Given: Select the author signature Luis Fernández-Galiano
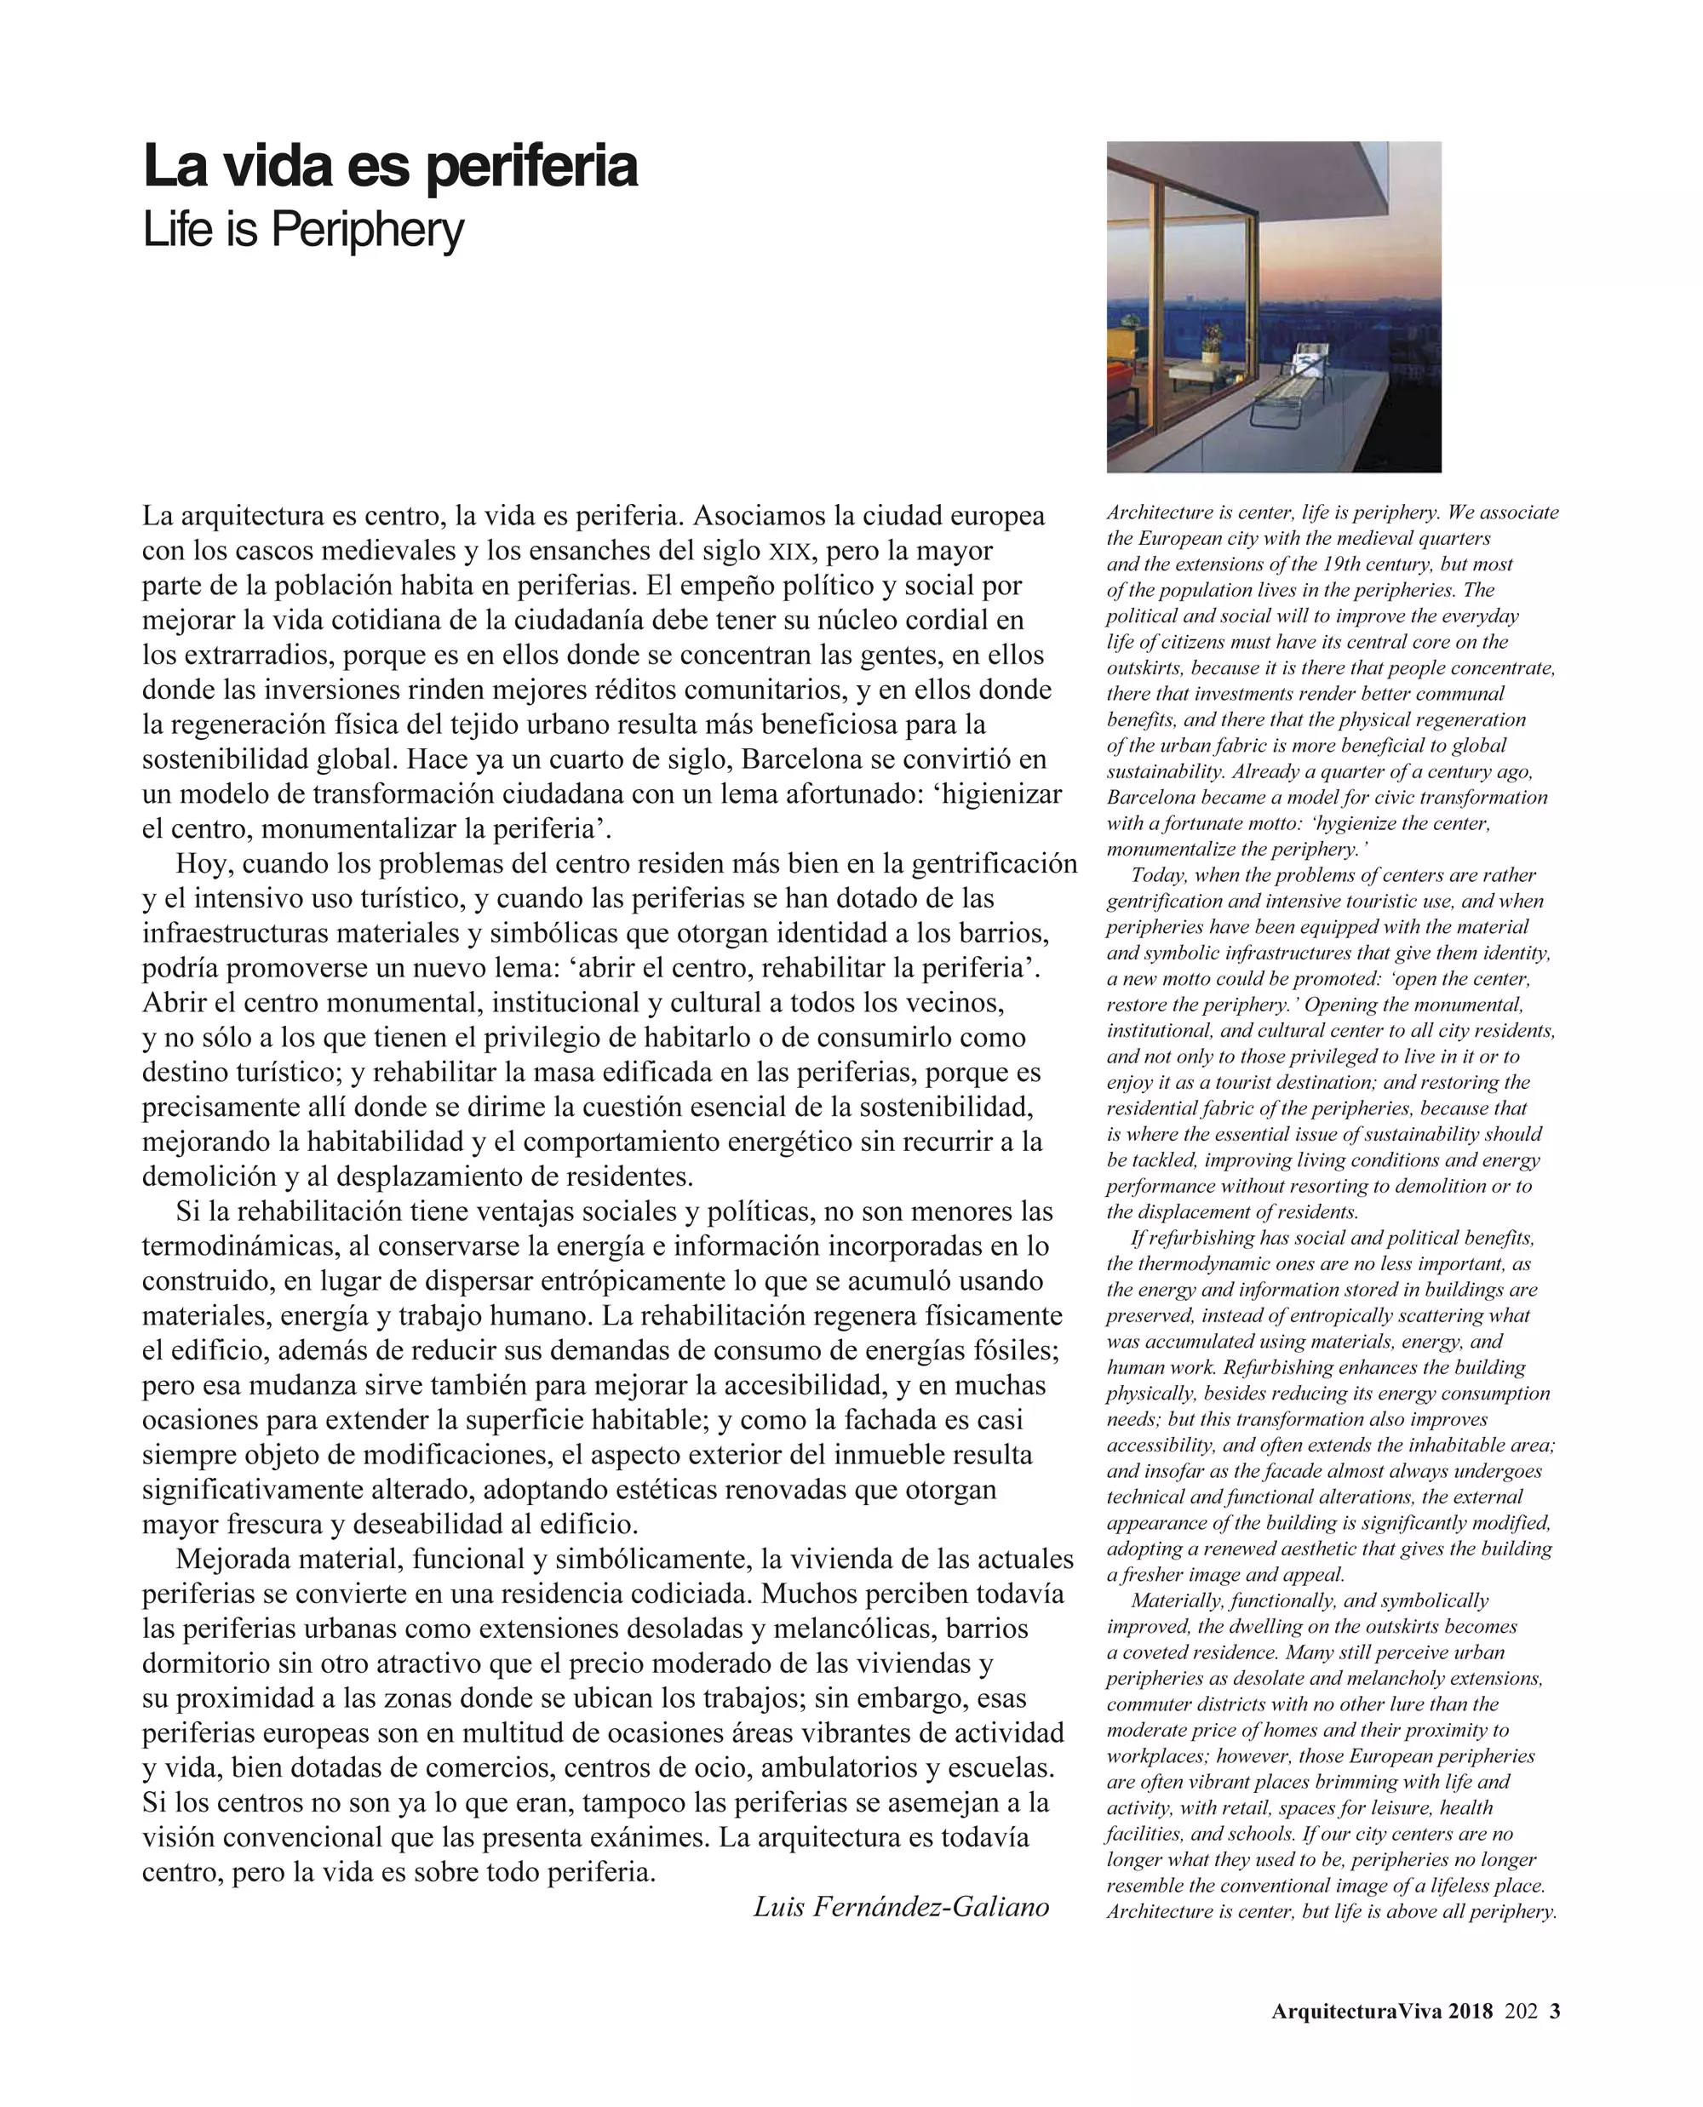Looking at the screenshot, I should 901,1906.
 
